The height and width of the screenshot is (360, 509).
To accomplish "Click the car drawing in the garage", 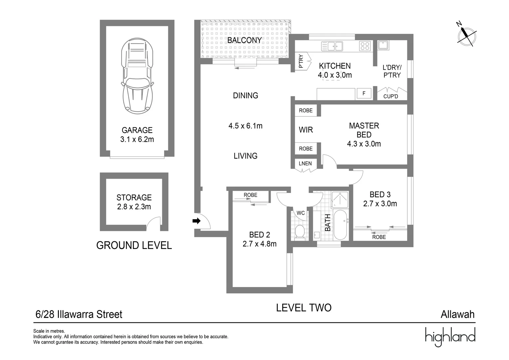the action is click(x=137, y=76).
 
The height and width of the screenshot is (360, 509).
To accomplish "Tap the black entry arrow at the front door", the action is click(x=197, y=221).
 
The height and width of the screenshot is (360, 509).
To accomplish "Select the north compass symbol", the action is click(x=466, y=36).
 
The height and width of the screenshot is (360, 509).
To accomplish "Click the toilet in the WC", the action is click(x=300, y=232).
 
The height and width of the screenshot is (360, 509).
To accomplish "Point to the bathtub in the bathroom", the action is click(x=340, y=225).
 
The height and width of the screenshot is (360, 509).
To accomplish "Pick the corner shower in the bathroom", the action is click(x=340, y=200).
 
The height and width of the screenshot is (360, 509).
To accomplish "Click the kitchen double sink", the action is click(x=332, y=46).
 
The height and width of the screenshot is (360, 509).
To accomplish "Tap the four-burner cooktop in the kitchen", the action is click(x=365, y=46).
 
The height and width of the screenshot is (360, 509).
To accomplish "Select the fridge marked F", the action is click(x=364, y=93).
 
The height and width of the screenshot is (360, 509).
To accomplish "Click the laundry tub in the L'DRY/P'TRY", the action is click(x=383, y=45).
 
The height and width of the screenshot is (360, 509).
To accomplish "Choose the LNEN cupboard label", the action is click(x=305, y=164).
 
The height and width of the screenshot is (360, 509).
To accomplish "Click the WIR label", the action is click(x=306, y=130).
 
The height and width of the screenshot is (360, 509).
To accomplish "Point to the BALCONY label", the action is click(x=245, y=40).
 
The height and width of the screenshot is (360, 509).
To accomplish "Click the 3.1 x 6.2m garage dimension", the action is click(x=137, y=139).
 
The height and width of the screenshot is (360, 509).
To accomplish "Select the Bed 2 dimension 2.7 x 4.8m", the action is click(x=259, y=244).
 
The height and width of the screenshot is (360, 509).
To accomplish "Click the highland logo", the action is click(x=450, y=337).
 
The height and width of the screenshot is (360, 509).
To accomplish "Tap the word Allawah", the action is click(x=458, y=315).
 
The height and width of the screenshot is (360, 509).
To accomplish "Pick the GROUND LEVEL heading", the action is click(x=134, y=245).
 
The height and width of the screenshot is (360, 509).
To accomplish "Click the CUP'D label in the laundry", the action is click(x=391, y=96).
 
